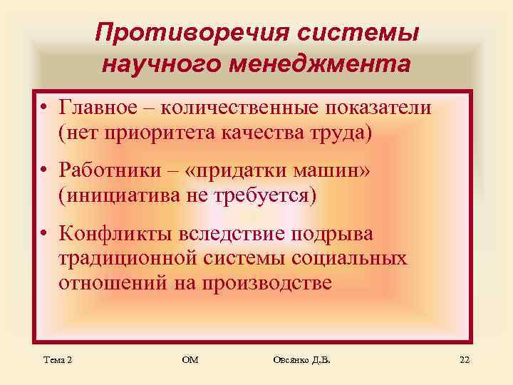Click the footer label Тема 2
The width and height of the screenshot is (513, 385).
[56, 361]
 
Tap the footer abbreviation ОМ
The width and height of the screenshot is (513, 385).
[190, 361]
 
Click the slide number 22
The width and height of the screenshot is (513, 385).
[465, 361]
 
